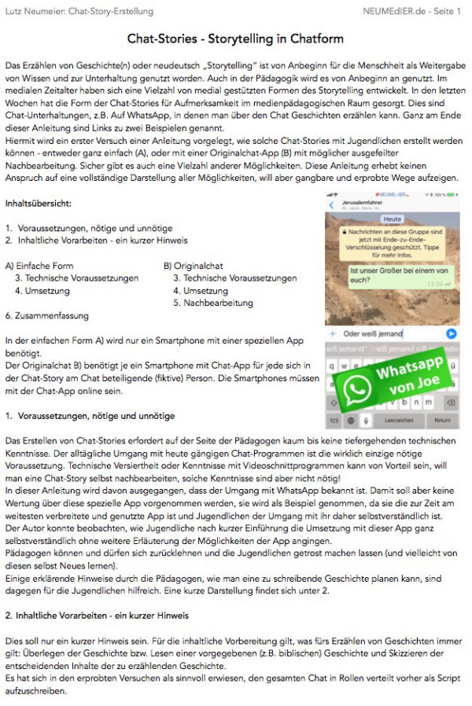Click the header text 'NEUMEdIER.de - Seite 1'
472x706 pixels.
(412, 12)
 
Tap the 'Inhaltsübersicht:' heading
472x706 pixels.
(39, 204)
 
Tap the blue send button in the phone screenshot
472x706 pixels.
(452, 333)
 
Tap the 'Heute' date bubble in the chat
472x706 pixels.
(393, 219)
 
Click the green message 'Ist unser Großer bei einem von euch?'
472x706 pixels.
(400, 275)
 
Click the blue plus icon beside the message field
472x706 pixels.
(334, 333)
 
